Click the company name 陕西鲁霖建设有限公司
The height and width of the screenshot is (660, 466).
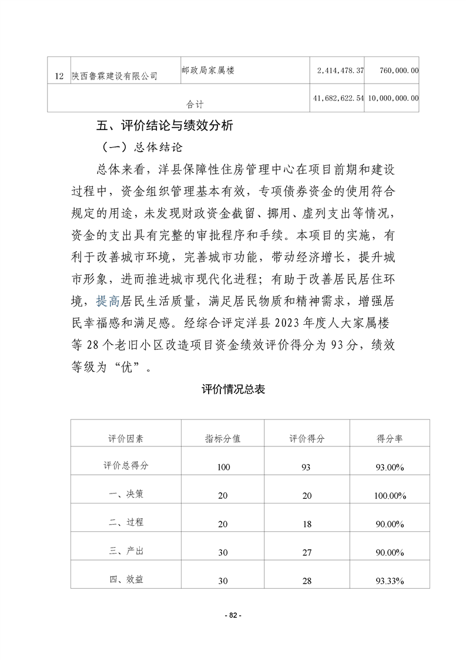coord(115,76)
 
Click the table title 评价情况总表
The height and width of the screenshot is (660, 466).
coord(233,389)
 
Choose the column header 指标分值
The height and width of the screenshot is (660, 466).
coord(223,439)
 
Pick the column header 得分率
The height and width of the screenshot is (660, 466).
coord(389,439)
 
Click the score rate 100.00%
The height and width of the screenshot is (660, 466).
coord(389,496)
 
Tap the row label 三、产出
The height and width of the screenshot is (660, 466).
coord(126,551)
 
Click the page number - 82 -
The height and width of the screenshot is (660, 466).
coord(233,615)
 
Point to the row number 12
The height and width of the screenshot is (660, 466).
coord(58,76)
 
